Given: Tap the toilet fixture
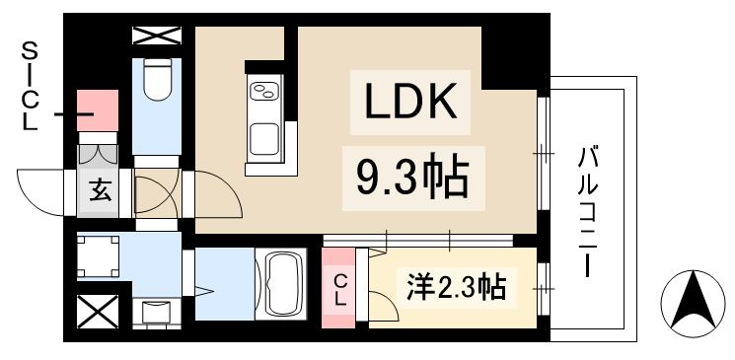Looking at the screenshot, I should [156, 82].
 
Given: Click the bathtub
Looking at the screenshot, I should [285, 282].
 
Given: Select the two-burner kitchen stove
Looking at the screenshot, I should [264, 95].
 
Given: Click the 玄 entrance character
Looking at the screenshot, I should [102, 190].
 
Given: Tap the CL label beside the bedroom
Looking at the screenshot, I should [339, 288].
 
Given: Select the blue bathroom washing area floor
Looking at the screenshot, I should [225, 282].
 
